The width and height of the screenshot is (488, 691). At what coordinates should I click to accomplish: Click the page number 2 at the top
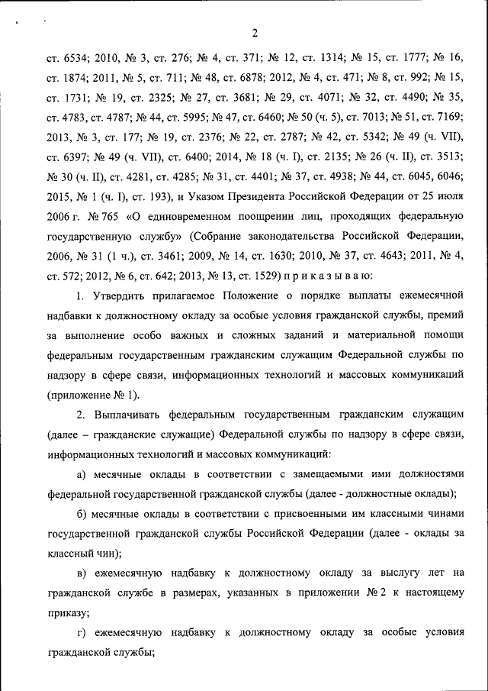click(255, 31)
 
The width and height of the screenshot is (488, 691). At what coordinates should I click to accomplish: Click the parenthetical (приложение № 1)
click(94, 396)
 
